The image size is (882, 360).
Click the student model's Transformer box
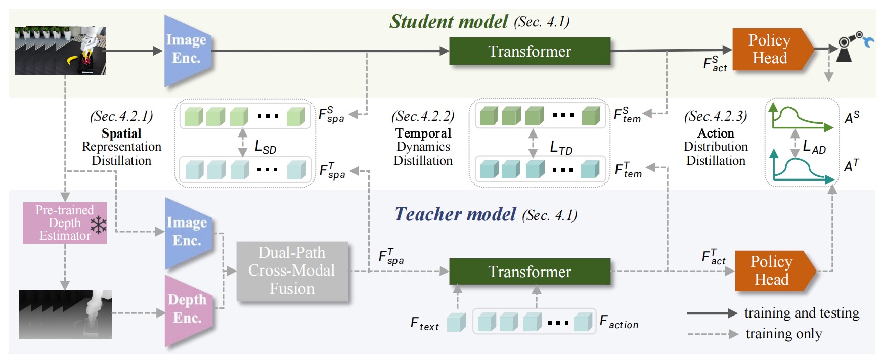[x=530, y=51]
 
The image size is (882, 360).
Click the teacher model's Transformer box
[x=530, y=272]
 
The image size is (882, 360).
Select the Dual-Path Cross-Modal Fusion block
[x=292, y=271]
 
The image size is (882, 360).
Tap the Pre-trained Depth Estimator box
[x=64, y=223]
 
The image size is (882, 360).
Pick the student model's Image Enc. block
[x=186, y=50]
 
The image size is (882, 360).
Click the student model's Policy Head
[x=769, y=49]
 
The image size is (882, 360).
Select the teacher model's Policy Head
[x=771, y=271]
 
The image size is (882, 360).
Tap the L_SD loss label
[x=265, y=147]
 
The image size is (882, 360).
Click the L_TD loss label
[x=561, y=148]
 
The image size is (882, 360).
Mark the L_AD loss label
[x=814, y=147]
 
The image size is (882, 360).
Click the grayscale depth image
[x=65, y=314]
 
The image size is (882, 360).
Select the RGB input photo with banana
[x=60, y=51]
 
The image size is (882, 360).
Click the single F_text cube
[x=456, y=322]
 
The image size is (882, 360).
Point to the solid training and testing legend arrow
[x=711, y=313]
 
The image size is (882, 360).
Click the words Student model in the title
[x=448, y=21]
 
